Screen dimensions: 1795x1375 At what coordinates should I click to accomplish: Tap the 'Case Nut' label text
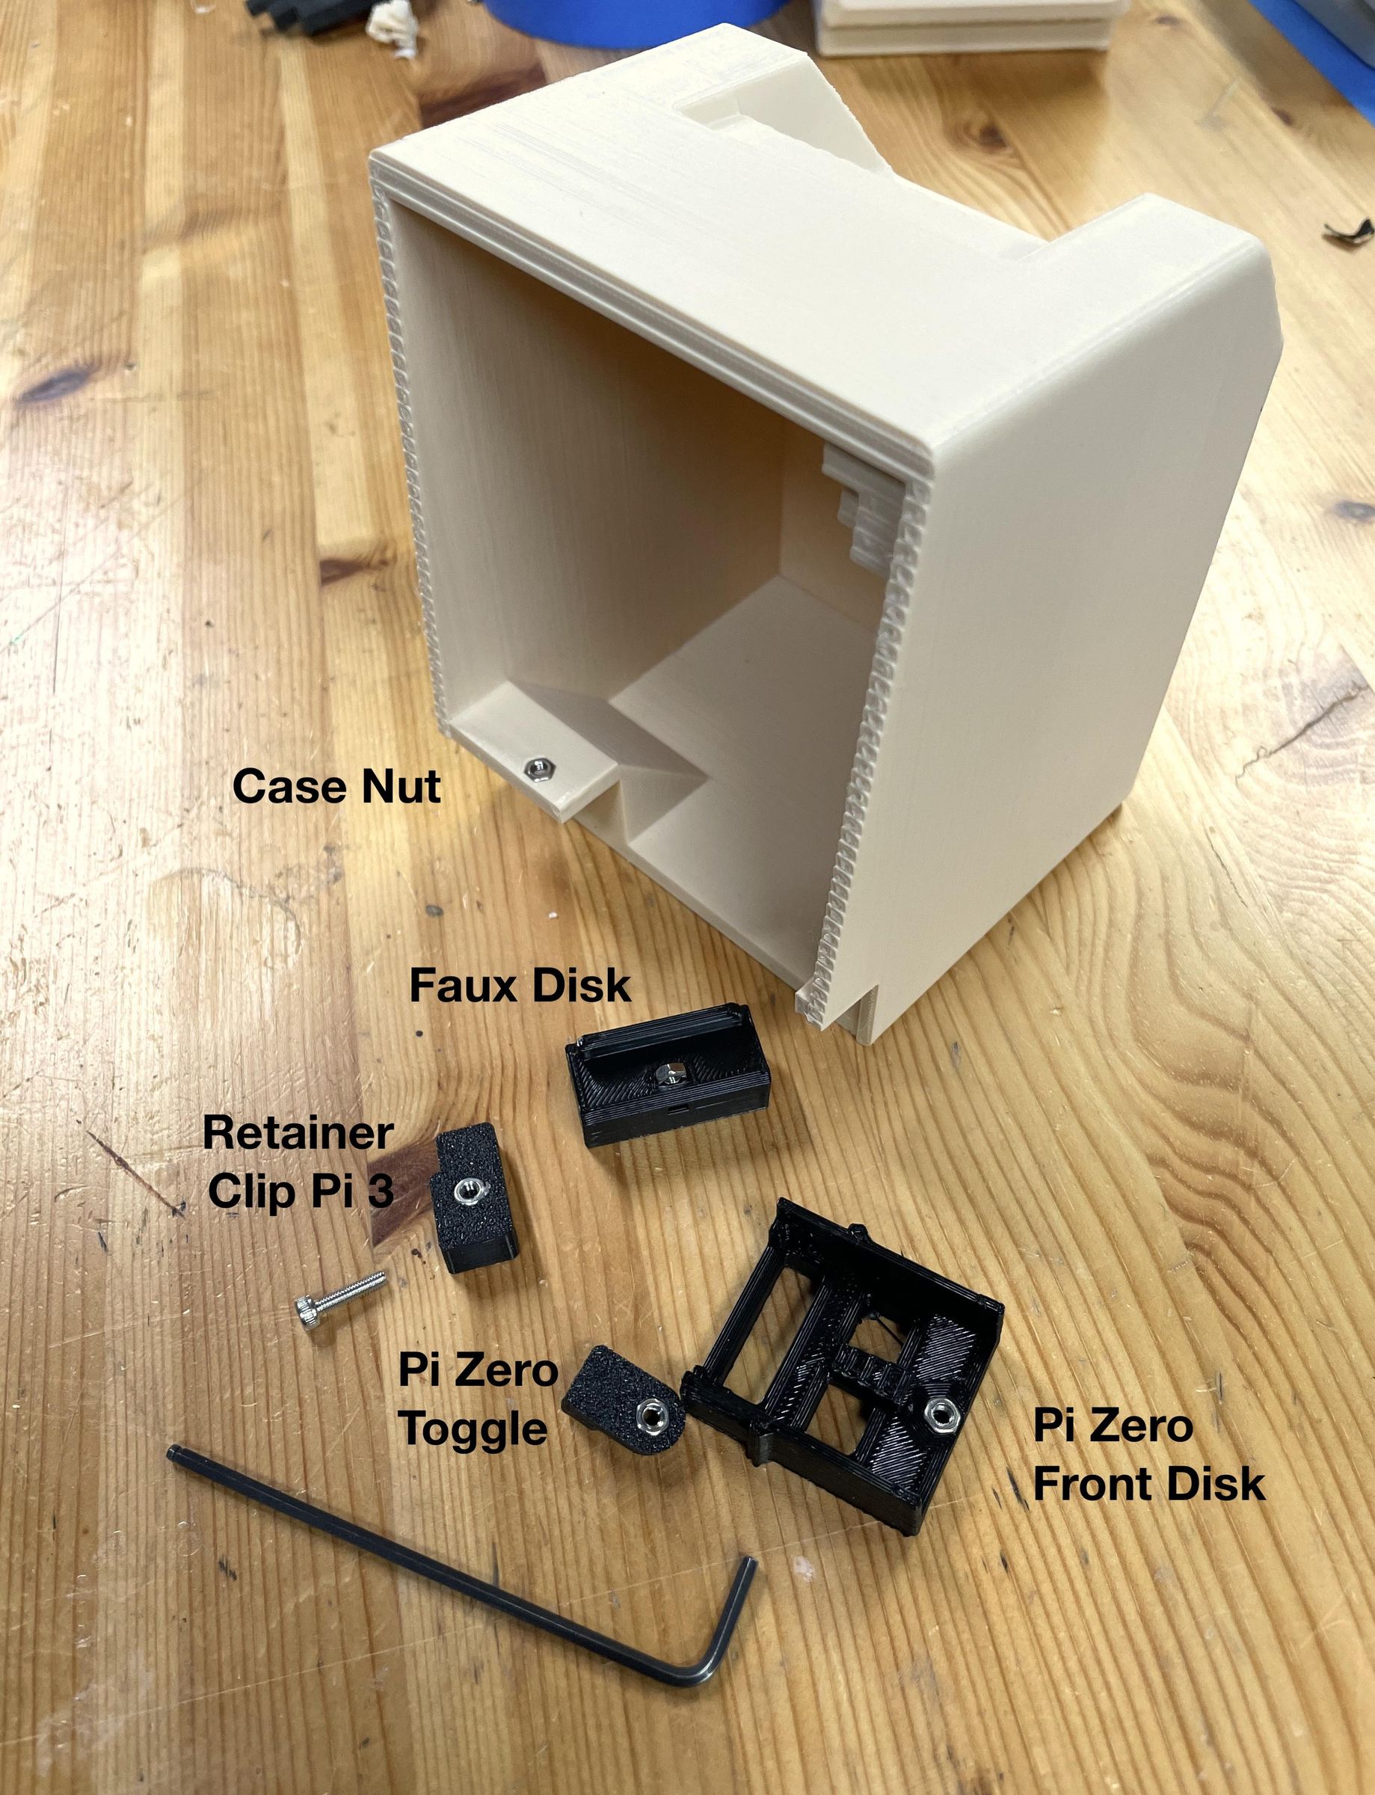coord(336,787)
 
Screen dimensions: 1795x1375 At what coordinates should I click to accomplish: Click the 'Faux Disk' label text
coord(520,986)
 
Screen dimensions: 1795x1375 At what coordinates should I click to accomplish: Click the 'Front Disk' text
coord(1149,1484)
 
